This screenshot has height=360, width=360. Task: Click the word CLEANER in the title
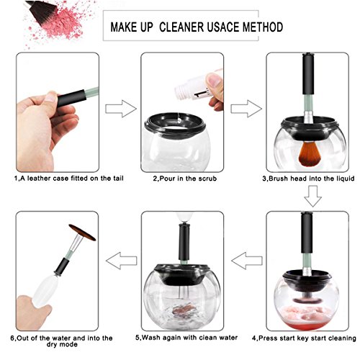182,27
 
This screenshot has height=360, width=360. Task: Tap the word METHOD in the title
263,27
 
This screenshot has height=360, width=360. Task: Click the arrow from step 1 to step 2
121,109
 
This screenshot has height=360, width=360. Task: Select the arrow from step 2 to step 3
246,109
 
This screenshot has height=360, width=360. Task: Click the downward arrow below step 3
312,196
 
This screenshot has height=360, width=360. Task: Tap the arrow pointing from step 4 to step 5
247,261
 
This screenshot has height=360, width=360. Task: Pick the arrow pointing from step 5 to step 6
121,261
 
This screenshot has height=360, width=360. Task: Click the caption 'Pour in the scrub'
185,179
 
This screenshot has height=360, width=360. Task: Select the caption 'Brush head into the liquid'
308,179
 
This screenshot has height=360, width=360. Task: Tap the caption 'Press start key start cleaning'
304,338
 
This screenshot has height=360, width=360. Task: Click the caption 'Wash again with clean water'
186,338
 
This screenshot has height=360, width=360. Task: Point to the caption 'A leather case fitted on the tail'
69,179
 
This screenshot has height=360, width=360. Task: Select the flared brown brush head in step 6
82,232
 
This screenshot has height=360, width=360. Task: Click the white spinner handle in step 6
45,291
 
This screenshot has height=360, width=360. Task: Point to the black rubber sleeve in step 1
71,98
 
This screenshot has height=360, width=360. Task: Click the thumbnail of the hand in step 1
51,96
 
